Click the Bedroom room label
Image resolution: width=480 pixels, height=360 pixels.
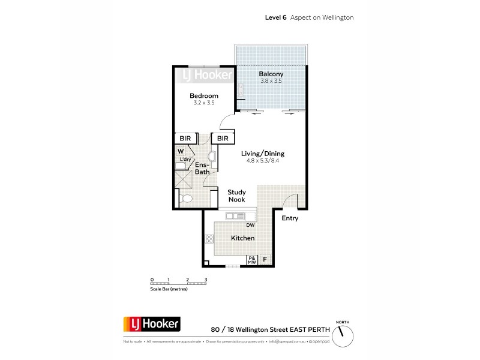[204, 96]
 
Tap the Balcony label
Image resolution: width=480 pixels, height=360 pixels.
[271, 74]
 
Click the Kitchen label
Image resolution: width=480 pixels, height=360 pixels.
[243, 238]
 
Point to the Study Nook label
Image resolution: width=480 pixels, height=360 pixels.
[237, 197]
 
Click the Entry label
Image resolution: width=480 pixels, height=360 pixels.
[290, 218]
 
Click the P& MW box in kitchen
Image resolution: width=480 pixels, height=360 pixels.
[253, 260]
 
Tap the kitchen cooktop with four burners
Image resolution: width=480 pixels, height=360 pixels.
[209, 239]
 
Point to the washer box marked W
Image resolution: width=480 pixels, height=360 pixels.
[181, 151]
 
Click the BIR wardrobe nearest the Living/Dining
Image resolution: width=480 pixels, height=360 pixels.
[223, 139]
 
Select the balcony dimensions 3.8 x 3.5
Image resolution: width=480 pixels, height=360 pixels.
[271, 81]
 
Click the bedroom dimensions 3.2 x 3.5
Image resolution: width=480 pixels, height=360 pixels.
[204, 103]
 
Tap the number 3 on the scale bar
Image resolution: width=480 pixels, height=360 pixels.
[206, 280]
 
